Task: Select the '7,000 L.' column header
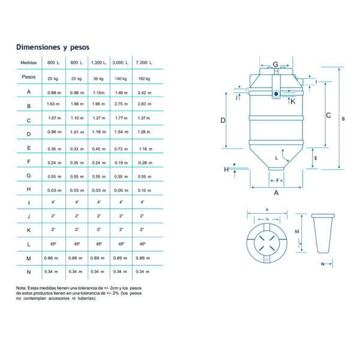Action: pyautogui.click(x=145, y=62)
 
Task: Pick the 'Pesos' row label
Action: pyautogui.click(x=29, y=77)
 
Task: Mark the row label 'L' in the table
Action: pyautogui.click(x=29, y=244)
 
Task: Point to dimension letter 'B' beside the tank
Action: pyautogui.click(x=343, y=119)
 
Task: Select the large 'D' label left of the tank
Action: pyautogui.click(x=223, y=121)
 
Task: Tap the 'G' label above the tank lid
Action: pyautogui.click(x=275, y=64)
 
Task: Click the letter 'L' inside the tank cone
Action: pyautogui.click(x=277, y=158)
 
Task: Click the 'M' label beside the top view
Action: pyautogui.click(x=297, y=231)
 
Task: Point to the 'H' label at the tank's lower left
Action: pyautogui.click(x=227, y=170)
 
